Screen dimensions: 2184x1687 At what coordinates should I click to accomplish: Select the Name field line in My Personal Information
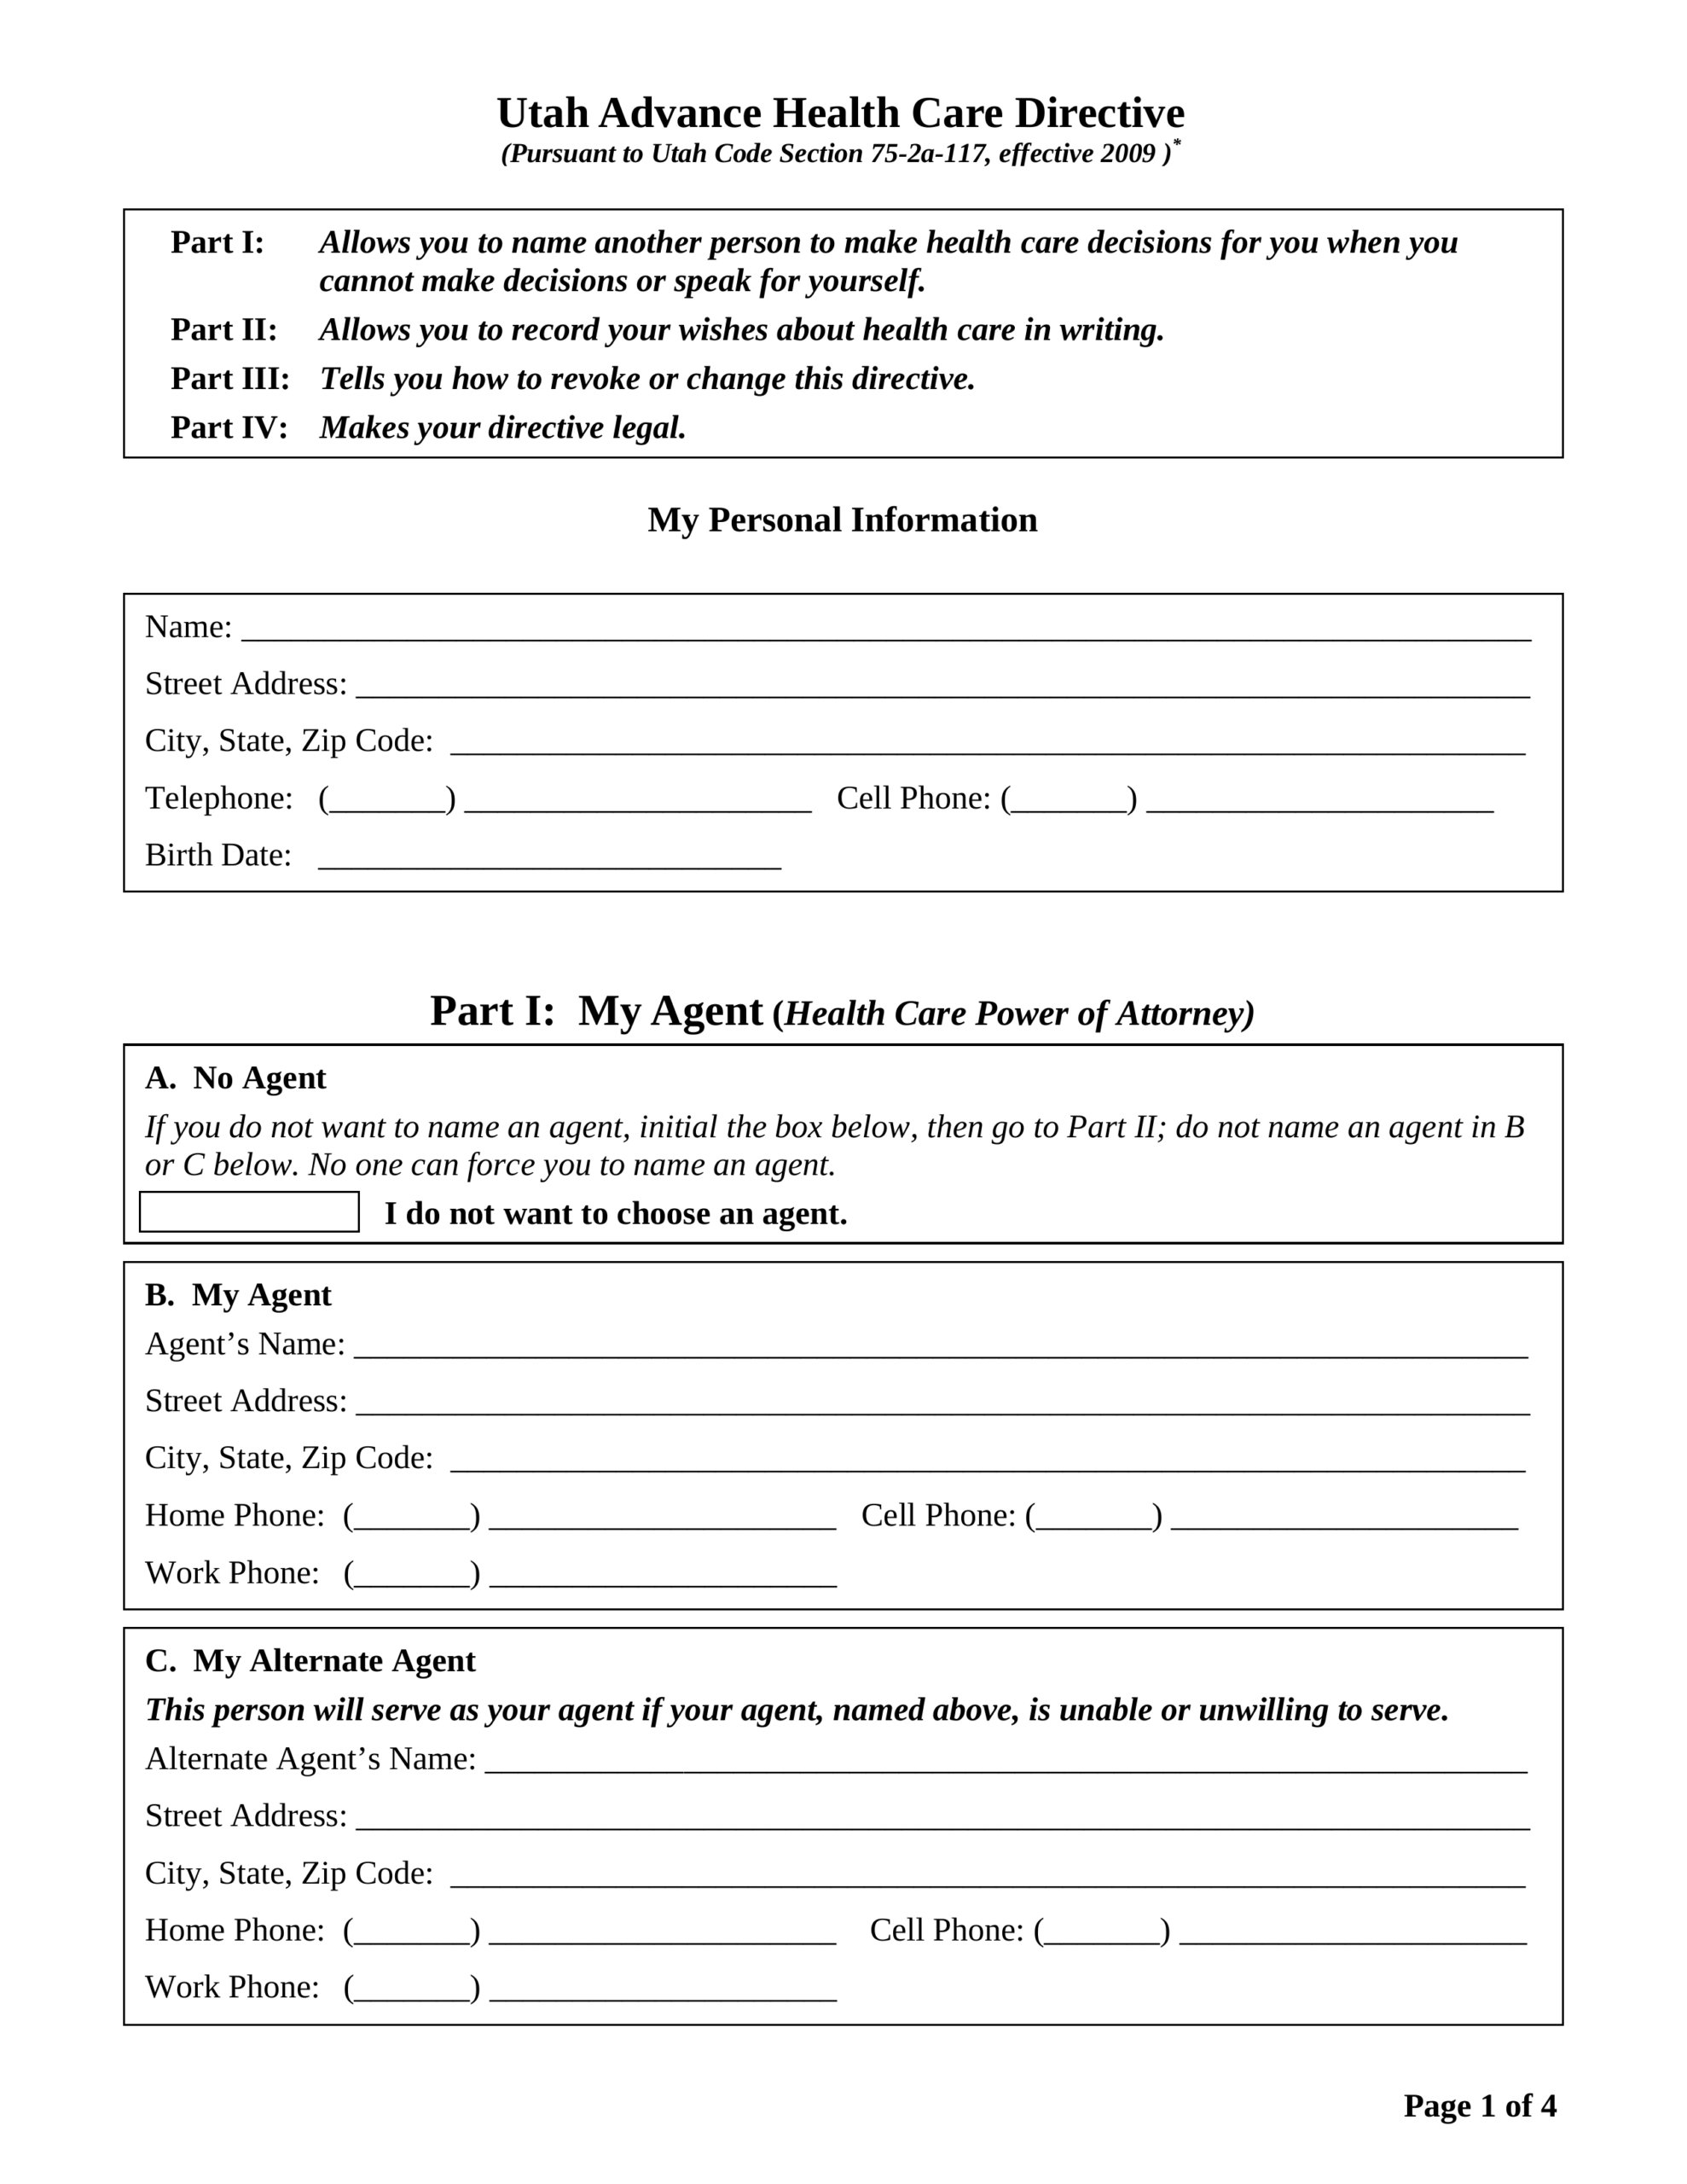[885, 630]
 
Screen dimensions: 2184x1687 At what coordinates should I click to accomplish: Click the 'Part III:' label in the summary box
[230, 379]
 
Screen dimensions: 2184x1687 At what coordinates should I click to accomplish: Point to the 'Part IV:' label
[229, 428]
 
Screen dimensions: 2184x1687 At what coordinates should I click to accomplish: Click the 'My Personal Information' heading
[842, 520]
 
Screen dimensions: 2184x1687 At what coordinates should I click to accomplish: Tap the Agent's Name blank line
[940, 1347]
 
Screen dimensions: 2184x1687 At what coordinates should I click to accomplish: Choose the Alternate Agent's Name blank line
[1005, 1762]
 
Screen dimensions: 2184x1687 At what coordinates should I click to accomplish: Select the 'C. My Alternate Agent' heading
[310, 1660]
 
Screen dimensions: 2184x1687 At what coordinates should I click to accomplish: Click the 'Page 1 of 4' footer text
[1479, 2106]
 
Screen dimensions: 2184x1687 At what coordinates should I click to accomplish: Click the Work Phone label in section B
[232, 1573]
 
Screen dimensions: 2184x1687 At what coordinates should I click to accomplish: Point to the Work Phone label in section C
[232, 1987]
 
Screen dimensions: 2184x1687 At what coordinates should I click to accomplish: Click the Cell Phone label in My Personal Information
[913, 799]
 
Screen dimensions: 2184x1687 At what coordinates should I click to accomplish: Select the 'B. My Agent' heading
[238, 1295]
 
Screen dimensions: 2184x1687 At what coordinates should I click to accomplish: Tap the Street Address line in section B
[942, 1404]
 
